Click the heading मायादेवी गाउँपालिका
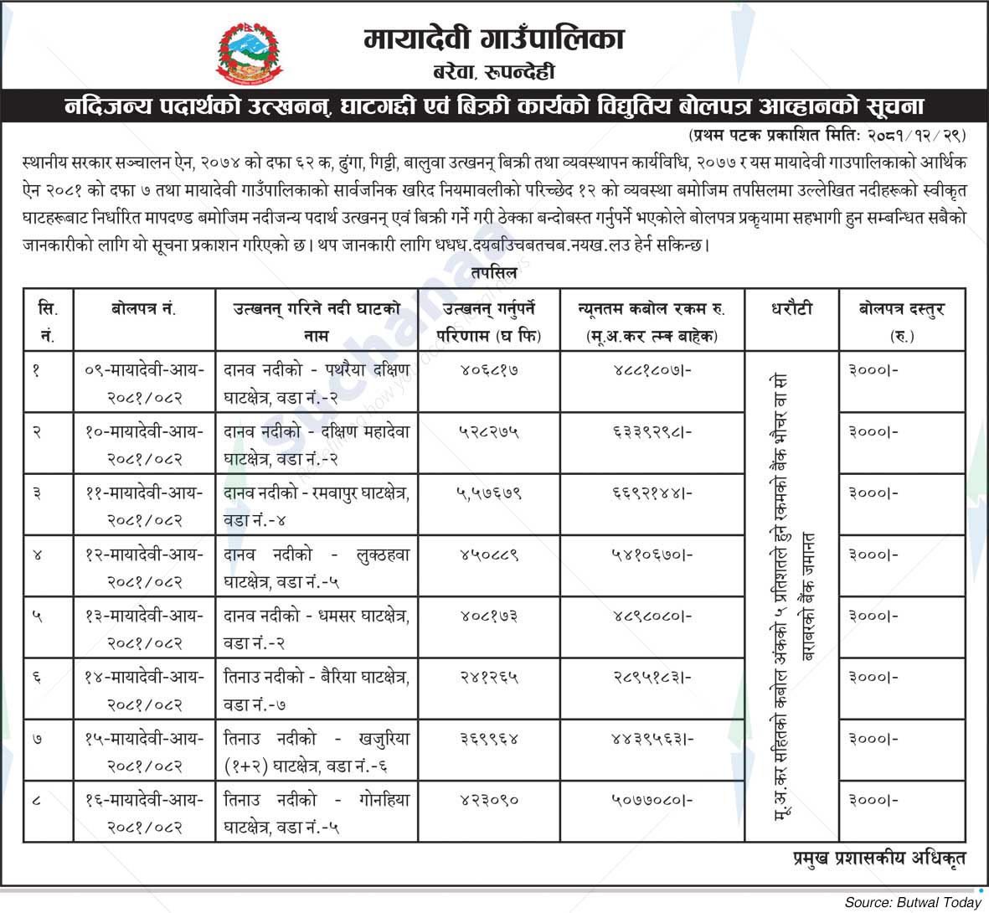[494, 39]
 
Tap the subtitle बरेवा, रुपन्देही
[493, 73]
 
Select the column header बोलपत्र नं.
[143, 309]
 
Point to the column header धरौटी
[791, 309]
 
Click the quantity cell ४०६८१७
[489, 370]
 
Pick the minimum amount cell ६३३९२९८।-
[652, 432]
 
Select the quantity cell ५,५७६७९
[489, 493]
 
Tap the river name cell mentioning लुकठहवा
[317, 567]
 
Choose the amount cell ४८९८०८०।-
[652, 616]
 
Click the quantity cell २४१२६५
[489, 678]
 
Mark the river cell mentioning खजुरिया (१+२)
[317, 751]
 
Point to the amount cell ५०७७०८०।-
[652, 801]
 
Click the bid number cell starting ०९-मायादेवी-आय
[144, 382]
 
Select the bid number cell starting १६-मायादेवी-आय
[144, 813]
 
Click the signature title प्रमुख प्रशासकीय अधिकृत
[879, 858]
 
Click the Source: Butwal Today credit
[912, 902]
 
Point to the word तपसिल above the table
[494, 273]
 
